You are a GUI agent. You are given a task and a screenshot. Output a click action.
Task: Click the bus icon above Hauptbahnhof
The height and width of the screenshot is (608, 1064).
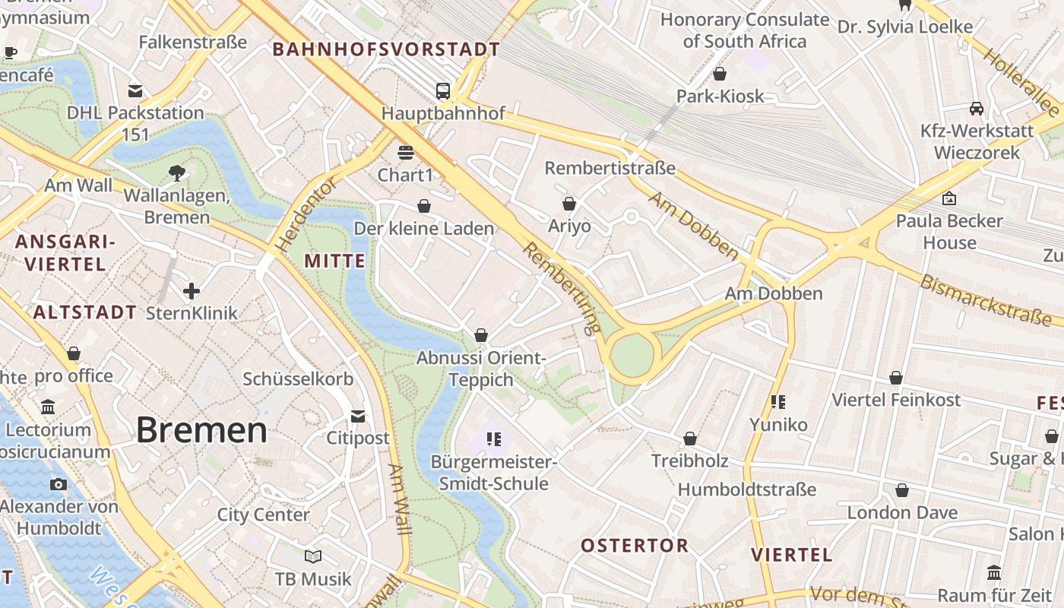[443, 91]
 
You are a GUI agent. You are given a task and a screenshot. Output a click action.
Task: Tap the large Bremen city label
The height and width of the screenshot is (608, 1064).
[201, 430]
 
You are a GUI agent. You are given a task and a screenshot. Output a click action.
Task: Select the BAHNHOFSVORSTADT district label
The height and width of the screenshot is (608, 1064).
[386, 50]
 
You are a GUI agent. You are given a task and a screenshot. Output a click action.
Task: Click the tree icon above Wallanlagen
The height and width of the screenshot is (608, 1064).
[177, 173]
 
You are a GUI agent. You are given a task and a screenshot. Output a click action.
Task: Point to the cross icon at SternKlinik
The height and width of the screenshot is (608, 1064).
[192, 291]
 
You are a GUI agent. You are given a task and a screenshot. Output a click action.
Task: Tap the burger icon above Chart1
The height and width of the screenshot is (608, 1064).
[405, 153]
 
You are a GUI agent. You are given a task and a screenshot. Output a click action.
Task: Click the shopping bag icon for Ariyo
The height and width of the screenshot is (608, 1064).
[569, 204]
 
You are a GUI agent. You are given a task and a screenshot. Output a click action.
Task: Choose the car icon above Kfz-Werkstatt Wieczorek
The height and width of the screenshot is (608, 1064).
[977, 109]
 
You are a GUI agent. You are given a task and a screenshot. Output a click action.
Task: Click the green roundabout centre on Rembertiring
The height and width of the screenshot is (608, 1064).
[632, 355]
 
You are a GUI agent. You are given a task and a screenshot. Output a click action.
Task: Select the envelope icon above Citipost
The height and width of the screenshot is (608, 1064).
[358, 416]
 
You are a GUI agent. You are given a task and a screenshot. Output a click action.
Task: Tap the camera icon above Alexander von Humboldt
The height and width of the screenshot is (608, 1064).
[59, 484]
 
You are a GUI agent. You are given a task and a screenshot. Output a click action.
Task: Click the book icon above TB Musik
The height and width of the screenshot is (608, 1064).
[313, 556]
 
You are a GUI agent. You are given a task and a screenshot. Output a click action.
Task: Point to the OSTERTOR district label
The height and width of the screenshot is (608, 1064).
[635, 545]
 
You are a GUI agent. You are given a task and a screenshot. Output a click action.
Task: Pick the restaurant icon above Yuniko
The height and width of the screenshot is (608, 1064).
[777, 401]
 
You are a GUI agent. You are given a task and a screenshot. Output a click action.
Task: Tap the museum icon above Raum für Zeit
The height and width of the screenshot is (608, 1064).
[994, 572]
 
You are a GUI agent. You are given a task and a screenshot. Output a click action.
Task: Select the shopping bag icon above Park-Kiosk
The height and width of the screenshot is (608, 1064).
[720, 74]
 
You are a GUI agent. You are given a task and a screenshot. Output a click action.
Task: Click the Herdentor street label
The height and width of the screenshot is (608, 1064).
[306, 215]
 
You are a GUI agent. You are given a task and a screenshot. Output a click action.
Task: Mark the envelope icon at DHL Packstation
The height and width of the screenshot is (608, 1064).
[135, 91]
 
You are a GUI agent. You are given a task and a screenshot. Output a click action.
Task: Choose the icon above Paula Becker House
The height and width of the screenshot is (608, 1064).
[948, 198]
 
